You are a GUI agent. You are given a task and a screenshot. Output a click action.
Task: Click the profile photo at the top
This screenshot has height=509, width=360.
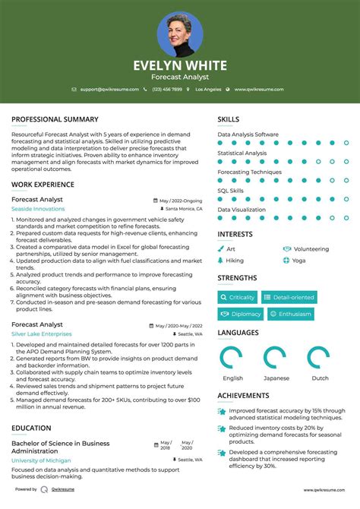180,33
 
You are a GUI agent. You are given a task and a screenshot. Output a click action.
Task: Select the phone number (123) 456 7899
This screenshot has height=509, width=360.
167,89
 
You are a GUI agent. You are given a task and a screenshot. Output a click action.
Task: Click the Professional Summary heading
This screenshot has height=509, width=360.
55,119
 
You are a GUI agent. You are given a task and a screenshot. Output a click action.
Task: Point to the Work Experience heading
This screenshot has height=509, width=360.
43,185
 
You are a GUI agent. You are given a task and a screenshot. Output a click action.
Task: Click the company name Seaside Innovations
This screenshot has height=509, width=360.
38,209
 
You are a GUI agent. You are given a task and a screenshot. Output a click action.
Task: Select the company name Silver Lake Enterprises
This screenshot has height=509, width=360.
43,334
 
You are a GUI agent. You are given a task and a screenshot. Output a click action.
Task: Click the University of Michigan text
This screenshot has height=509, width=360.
41,460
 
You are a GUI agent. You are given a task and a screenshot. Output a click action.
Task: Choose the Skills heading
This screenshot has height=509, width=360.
228,119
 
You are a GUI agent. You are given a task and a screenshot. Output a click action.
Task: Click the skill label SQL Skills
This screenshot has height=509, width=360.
230,191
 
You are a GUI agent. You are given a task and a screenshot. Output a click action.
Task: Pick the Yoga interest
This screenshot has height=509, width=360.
298,260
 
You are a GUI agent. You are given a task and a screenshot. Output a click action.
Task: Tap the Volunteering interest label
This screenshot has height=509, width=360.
311,248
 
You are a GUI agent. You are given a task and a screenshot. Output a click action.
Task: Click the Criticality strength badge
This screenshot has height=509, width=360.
238,297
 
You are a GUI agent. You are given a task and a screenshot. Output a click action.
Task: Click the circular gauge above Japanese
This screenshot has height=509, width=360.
275,358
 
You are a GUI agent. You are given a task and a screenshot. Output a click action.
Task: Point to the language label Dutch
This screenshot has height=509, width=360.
319,378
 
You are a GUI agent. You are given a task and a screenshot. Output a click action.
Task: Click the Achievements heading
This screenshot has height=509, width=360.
243,395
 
